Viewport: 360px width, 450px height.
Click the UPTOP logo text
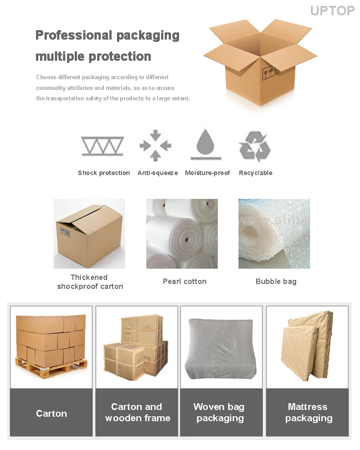pos(332,10)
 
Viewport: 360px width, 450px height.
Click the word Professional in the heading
pos(73,35)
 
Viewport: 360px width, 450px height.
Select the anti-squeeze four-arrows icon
pos(155,145)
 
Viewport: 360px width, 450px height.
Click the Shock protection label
pos(103,173)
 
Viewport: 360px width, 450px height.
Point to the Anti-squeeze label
pos(157,173)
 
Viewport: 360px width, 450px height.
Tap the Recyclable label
pos(256,173)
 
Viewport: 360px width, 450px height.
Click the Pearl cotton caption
pos(184,281)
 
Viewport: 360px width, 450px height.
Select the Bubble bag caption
pos(276,281)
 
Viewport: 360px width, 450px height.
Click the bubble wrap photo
pos(274,234)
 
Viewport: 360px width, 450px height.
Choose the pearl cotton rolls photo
pos(182,234)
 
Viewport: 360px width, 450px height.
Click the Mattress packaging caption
pos(308,412)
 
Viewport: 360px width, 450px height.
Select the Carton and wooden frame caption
pos(137,412)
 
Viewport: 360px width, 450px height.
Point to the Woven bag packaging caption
pos(220,412)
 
